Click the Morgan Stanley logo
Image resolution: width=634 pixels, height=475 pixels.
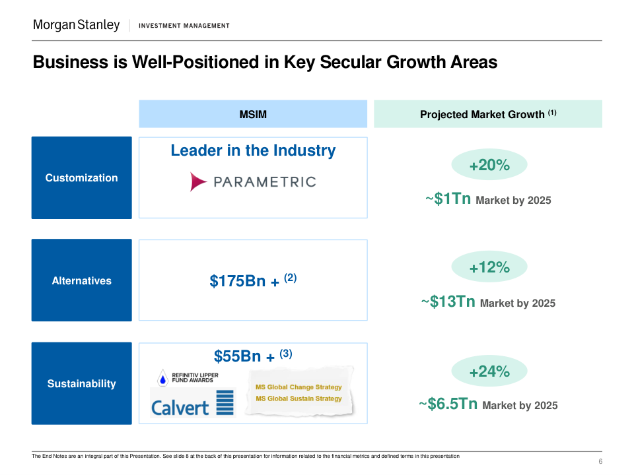[77, 25]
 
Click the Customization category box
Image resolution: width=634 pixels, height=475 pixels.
[81, 177]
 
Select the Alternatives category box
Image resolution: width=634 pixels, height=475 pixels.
[81, 280]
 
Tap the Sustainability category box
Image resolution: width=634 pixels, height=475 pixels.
[81, 383]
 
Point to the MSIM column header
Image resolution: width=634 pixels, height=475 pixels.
[253, 114]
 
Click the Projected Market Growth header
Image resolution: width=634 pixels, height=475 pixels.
[488, 114]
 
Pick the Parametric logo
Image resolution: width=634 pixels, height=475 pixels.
[253, 181]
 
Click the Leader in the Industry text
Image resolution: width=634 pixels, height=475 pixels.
[253, 150]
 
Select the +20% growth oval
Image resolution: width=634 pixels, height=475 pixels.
[489, 165]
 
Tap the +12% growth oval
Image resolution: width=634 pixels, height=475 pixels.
[489, 267]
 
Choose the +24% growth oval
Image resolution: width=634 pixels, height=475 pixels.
[489, 371]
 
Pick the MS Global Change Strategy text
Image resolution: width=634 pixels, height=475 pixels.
[299, 387]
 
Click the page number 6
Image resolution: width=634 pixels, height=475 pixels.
[600, 461]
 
